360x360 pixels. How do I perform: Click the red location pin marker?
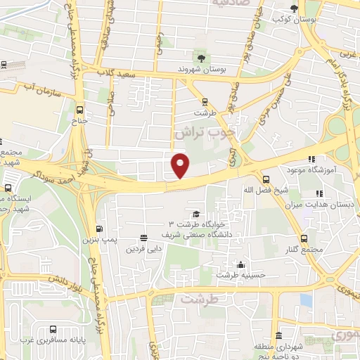coord(181,165)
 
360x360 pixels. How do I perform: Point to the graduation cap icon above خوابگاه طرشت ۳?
coord(196,214)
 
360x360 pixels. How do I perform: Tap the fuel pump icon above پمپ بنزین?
coord(98,229)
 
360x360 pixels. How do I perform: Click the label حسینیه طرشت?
coord(240,275)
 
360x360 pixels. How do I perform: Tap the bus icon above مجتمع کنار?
coord(304,238)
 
